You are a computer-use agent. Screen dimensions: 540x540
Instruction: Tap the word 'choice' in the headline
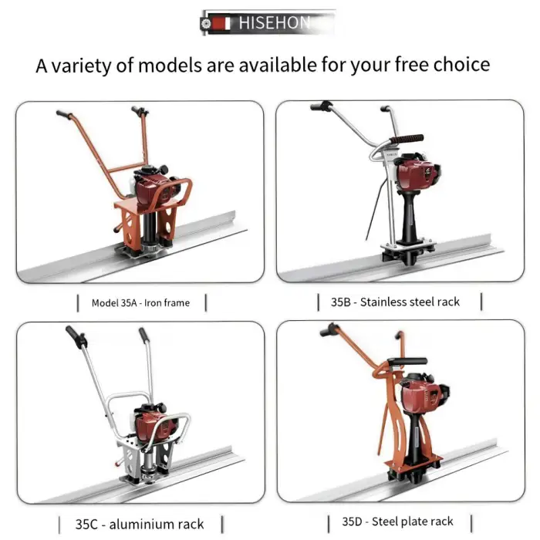[459, 65]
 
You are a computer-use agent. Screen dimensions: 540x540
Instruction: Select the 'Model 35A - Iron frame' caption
[140, 303]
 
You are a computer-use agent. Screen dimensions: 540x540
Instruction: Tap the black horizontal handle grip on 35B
[407, 140]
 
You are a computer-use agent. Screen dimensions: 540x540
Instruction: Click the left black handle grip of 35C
[73, 336]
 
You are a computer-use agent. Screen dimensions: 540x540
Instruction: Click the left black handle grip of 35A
[63, 114]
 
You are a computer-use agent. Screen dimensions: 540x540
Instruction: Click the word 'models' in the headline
[166, 65]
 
